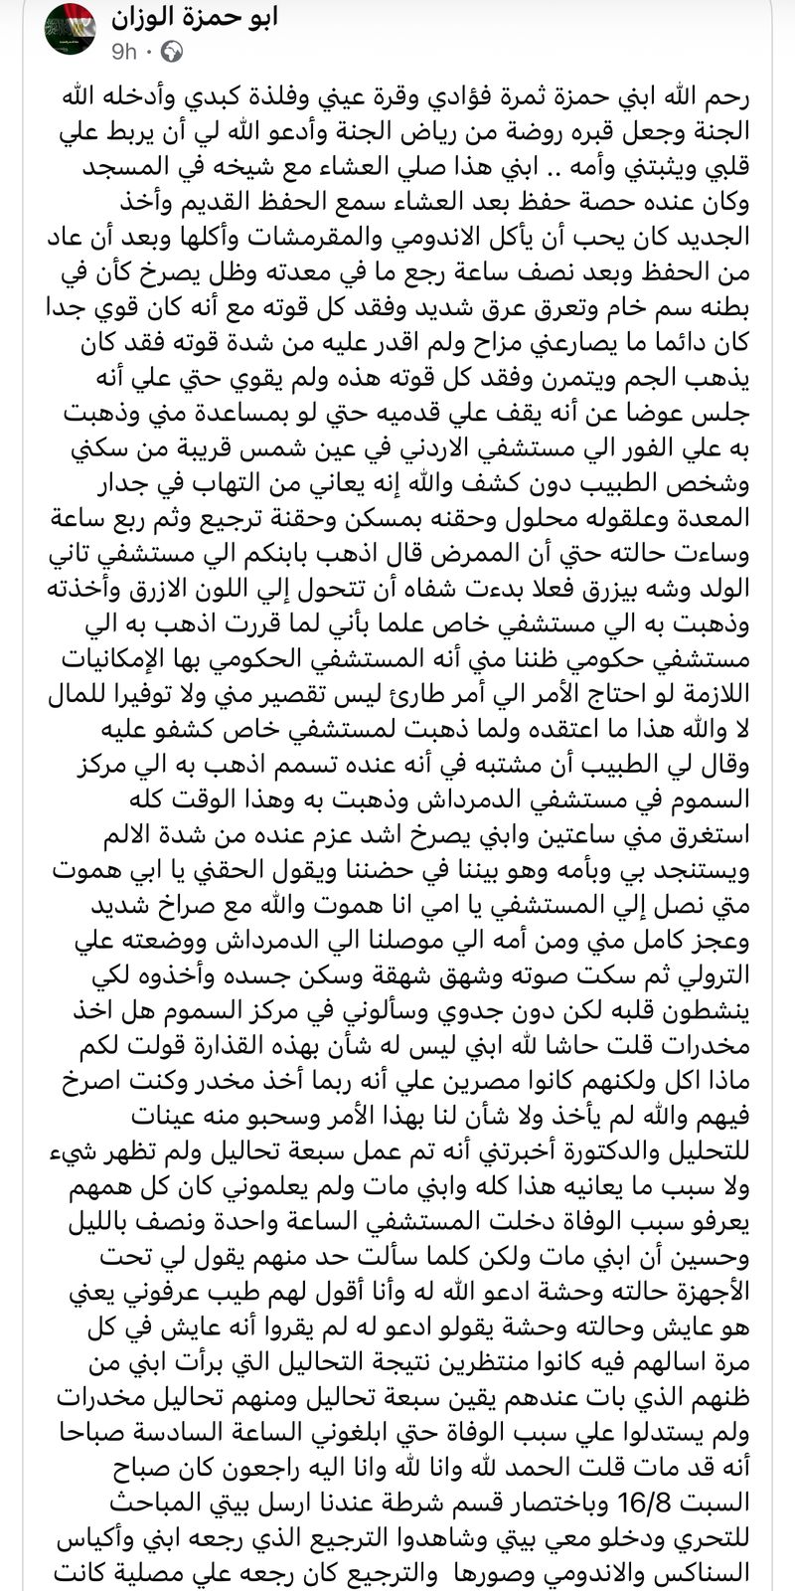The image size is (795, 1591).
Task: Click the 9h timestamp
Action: pos(127,51)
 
